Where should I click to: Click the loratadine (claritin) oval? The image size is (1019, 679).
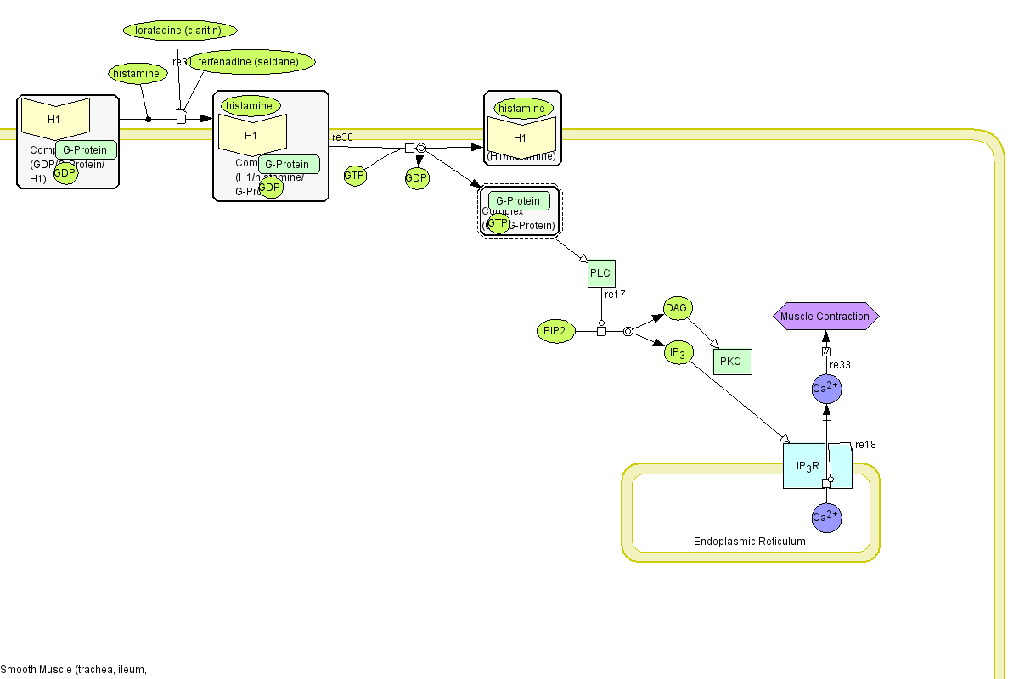(x=178, y=31)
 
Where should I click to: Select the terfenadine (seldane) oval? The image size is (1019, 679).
(x=251, y=62)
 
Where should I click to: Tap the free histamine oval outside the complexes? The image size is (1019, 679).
(x=136, y=74)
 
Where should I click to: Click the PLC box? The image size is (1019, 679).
(x=601, y=273)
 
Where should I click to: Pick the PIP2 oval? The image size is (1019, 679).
(x=557, y=332)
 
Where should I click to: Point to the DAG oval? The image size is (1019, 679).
(x=676, y=308)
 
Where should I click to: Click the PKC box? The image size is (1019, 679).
(x=730, y=362)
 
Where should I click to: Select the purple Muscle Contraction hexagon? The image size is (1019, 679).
(x=825, y=317)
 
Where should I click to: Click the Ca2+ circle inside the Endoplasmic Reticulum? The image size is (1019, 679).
(x=826, y=517)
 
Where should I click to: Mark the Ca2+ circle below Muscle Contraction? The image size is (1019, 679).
(x=826, y=389)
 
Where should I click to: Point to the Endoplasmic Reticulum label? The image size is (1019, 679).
(x=750, y=542)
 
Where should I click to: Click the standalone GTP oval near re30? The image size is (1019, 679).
(x=355, y=176)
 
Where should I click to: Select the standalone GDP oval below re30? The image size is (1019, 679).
(x=416, y=178)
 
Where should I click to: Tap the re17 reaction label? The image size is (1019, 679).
(x=615, y=295)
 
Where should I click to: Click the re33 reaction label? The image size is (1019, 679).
(x=840, y=365)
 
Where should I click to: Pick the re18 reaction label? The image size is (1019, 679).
(x=865, y=444)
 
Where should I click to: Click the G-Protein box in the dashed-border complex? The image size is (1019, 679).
(x=519, y=201)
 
